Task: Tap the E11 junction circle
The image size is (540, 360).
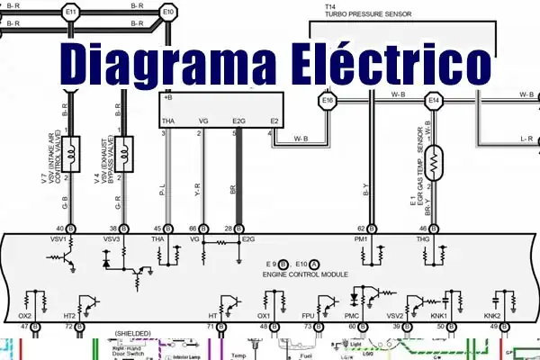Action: point(72,12)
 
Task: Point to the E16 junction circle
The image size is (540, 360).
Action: point(328,101)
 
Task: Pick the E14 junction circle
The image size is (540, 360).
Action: point(435,101)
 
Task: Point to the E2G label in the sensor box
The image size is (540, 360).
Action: point(238,121)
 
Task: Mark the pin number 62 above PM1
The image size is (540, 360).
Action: point(360,228)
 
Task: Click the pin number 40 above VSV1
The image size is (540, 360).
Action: point(59,228)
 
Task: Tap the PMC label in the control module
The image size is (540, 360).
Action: point(352,316)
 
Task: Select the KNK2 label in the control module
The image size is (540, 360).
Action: point(491,316)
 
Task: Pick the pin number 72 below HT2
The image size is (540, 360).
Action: point(67,327)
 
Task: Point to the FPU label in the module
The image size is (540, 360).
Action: point(308,316)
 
